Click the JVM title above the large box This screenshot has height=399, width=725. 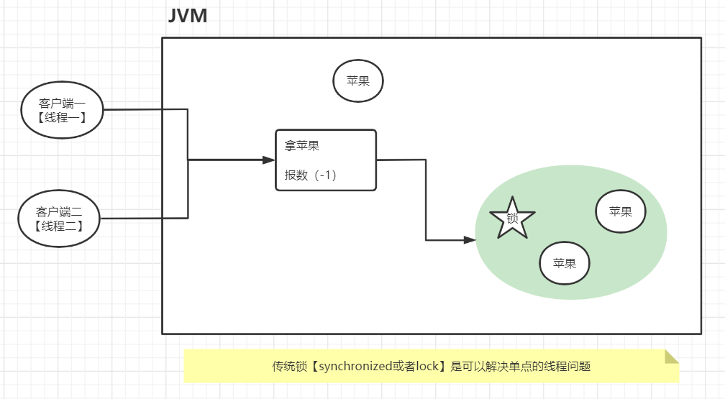[x=188, y=17]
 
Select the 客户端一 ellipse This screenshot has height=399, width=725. [x=62, y=110]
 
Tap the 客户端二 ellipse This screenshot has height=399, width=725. [x=59, y=218]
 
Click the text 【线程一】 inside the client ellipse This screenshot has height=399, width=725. [x=62, y=117]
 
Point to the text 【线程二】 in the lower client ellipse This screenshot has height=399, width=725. [x=59, y=226]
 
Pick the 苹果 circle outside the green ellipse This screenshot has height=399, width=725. [x=358, y=81]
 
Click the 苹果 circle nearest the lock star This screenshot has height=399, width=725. [x=565, y=263]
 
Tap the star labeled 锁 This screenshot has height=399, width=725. [x=512, y=218]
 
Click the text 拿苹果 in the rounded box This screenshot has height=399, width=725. [x=302, y=146]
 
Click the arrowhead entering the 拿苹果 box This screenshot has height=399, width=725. [x=270, y=160]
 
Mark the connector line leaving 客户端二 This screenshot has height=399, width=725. [x=144, y=218]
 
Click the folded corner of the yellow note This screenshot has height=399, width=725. [x=672, y=357]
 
